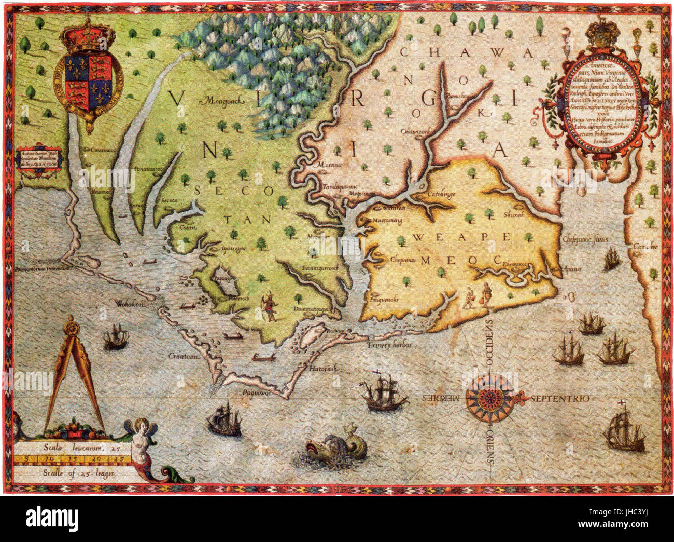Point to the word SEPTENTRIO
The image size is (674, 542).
point(559,399)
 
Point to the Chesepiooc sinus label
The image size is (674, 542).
point(585,239)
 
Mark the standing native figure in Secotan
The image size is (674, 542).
point(269,307)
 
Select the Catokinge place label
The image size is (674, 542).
point(441,194)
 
